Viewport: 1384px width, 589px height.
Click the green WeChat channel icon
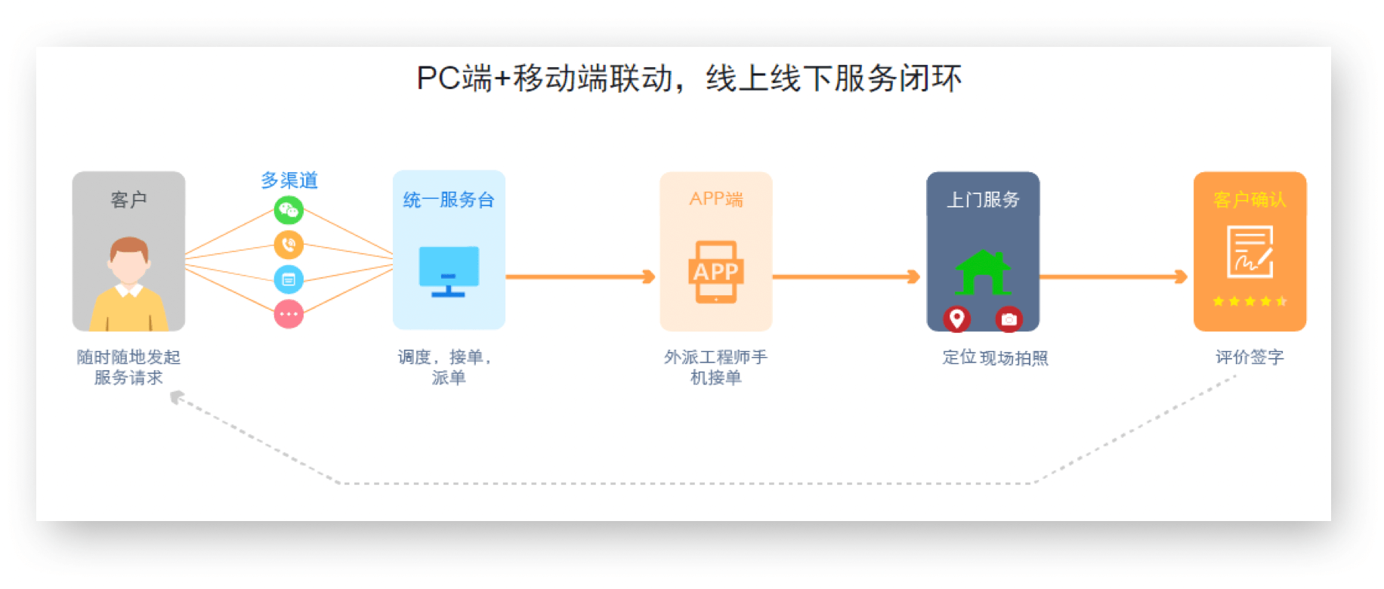click(x=289, y=210)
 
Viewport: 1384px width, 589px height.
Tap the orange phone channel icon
click(x=289, y=245)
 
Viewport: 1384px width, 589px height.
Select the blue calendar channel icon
click(x=289, y=279)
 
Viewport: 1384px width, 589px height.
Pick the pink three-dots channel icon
click(x=289, y=313)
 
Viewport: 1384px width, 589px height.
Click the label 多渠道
click(x=289, y=180)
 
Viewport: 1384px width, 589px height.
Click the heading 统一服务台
click(x=449, y=200)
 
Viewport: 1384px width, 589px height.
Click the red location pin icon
click(x=956, y=319)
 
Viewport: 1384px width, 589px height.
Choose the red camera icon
click(x=1009, y=319)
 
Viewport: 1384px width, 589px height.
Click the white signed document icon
click(x=1250, y=252)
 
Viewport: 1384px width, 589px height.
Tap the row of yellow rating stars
click(x=1250, y=301)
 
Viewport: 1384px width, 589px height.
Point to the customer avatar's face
click(x=128, y=261)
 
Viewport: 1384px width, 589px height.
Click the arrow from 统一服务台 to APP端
click(x=580, y=277)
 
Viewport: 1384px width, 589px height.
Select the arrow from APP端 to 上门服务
click(x=846, y=277)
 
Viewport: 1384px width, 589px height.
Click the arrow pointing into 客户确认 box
click(x=1114, y=277)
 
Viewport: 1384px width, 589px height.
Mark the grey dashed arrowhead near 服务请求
click(x=178, y=397)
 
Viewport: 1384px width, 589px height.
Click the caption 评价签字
click(x=1250, y=357)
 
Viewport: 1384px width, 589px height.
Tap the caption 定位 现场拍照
click(x=995, y=358)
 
